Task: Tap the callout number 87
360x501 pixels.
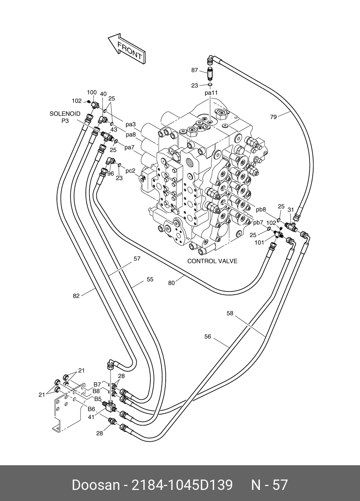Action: (x=195, y=70)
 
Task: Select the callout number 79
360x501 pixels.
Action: (x=273, y=117)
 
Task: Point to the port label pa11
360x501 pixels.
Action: (x=211, y=93)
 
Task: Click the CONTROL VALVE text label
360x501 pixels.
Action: (x=212, y=261)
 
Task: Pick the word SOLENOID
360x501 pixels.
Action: (x=65, y=114)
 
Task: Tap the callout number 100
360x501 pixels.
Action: (x=92, y=92)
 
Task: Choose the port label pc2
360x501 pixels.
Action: (x=130, y=171)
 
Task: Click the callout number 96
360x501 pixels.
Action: (x=111, y=173)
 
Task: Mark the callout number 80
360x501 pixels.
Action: (x=171, y=283)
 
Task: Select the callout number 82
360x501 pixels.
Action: (x=76, y=296)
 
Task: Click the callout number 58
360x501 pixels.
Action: (x=230, y=313)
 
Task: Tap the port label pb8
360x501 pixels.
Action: (x=261, y=210)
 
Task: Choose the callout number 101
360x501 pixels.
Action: (x=259, y=242)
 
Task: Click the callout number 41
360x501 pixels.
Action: (x=91, y=417)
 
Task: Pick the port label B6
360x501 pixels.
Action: (x=91, y=409)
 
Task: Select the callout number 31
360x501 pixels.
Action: (x=291, y=210)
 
